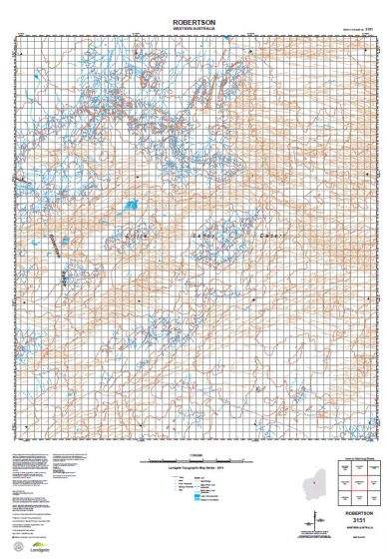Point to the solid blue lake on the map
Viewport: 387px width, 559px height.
(x=130, y=207)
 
